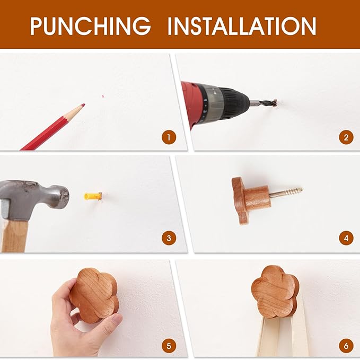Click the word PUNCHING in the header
pos(91,25)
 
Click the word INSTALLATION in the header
pos(242,25)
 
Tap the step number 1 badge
pos(169,137)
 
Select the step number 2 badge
pos(346,137)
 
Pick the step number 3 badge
pos(169,238)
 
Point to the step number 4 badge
pos(346,238)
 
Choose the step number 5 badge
pos(169,346)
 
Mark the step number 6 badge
pos(346,346)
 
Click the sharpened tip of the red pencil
pos(84,104)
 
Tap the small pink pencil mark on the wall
pos(103,96)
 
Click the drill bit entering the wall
pos(264,104)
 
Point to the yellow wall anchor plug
pos(93,196)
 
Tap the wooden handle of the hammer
pos(15,235)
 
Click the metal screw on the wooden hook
pos(286,192)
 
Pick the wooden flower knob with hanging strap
pos(275,292)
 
